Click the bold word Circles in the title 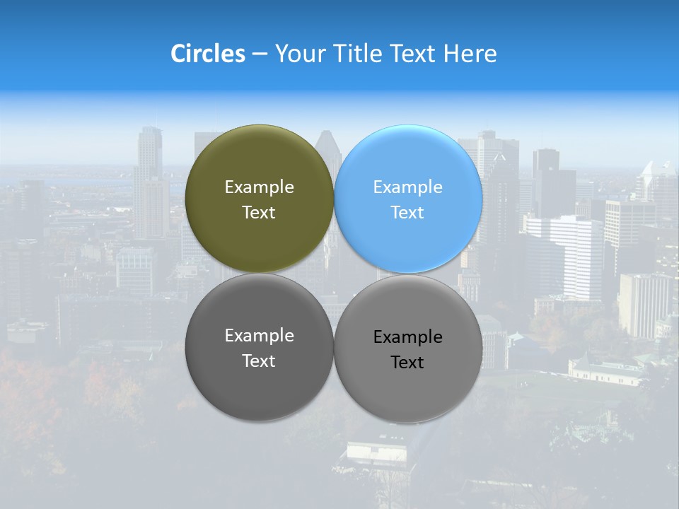click(208, 54)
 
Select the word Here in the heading click(470, 54)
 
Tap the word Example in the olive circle click(259, 187)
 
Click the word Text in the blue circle click(407, 213)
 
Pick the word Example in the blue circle click(407, 187)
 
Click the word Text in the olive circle click(259, 213)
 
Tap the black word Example click(407, 337)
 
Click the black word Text click(407, 363)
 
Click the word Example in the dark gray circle click(259, 336)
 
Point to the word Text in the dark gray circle click(259, 361)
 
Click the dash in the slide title click(260, 54)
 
